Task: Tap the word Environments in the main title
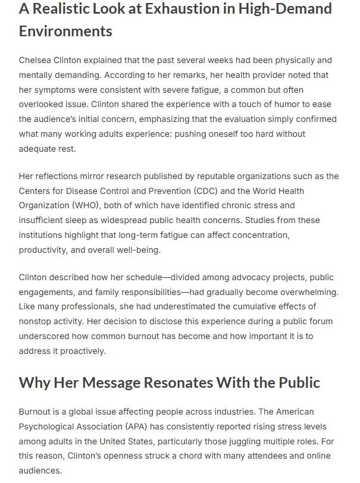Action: pos(65,31)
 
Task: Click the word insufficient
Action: pos(43,220)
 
